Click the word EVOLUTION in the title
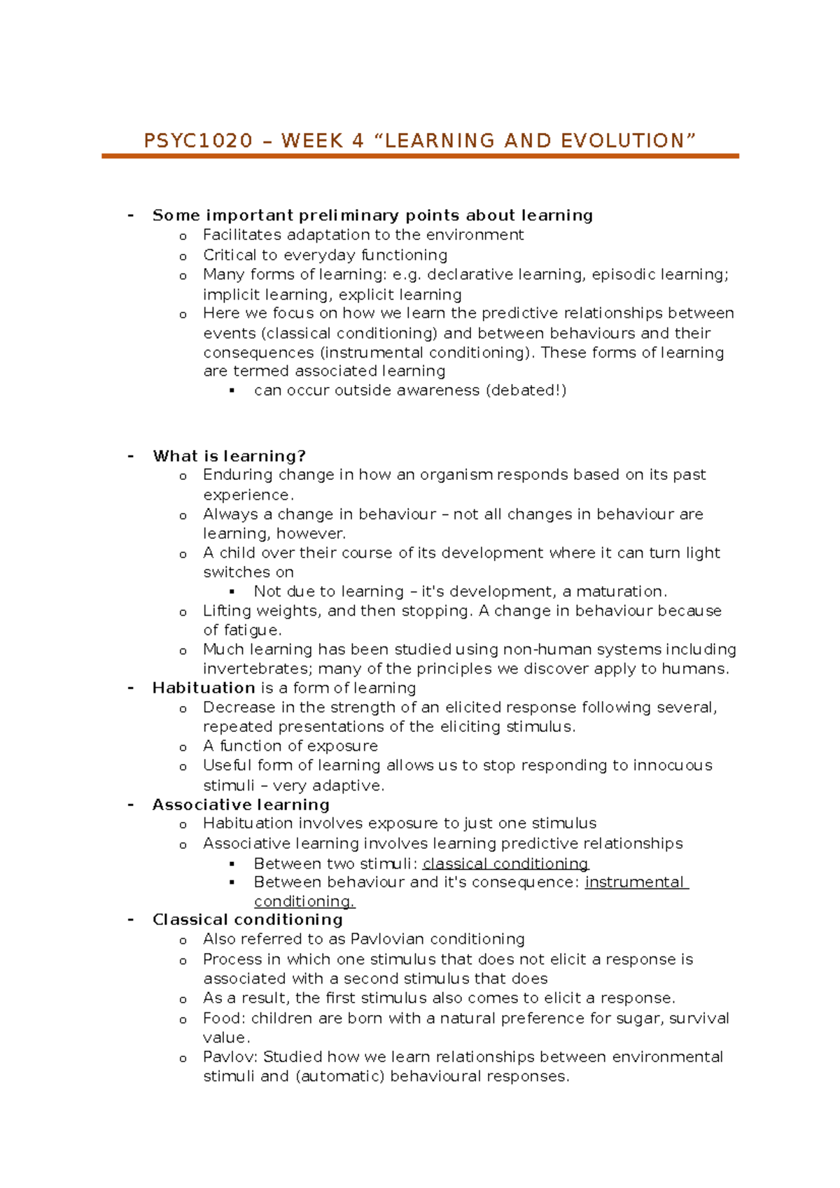622,141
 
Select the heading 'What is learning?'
229,456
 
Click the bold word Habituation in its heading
204,688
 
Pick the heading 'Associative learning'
241,805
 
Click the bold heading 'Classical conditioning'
248,919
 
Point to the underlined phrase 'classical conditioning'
505,863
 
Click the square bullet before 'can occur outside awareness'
232,390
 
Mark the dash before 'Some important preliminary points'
131,215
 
